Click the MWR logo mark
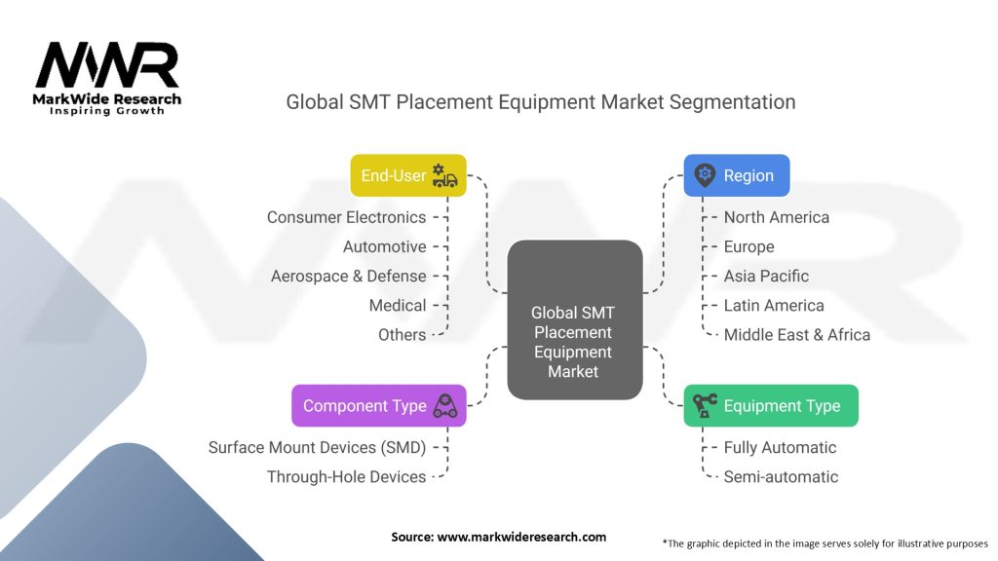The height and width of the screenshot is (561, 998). (107, 65)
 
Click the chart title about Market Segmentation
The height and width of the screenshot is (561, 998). (540, 101)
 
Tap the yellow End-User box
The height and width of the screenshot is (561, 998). (408, 175)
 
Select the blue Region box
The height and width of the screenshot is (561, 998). (737, 175)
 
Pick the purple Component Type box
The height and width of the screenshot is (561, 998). (379, 406)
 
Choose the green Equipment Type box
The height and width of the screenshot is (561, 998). (771, 406)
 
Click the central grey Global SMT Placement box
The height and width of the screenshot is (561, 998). (575, 319)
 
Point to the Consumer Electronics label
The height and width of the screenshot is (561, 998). (346, 217)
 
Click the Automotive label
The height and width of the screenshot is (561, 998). (384, 246)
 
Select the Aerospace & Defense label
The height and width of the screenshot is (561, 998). (348, 276)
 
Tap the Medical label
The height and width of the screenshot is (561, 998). (398, 305)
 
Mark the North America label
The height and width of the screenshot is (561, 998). (777, 217)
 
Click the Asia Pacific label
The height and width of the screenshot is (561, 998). (766, 276)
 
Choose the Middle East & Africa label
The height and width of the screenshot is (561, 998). (797, 335)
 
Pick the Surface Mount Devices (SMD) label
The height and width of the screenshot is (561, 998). (317, 448)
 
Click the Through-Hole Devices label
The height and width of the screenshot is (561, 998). (346, 477)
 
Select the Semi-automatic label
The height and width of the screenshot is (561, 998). (781, 477)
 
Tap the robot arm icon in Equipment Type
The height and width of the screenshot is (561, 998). (705, 405)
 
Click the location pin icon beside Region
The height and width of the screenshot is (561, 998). (705, 175)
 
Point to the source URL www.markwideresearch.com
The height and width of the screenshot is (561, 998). (521, 537)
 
